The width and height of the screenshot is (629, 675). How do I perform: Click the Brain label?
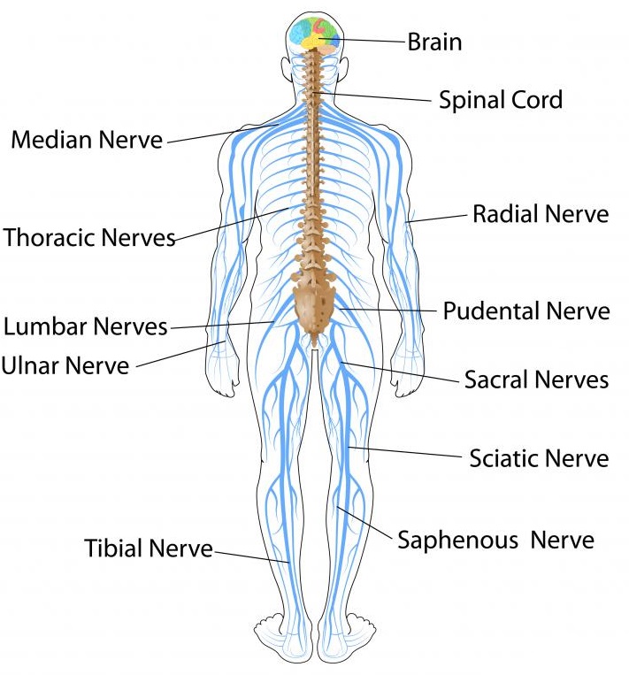point(434,42)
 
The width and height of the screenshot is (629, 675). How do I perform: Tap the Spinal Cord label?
point(501,99)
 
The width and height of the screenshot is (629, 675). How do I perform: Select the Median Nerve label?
point(87,140)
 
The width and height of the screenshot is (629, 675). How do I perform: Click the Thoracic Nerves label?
point(89,237)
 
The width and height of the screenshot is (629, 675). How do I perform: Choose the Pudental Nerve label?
point(526,311)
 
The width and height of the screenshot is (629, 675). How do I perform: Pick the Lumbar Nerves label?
point(86,326)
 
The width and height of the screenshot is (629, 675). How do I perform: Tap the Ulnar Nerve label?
point(65,364)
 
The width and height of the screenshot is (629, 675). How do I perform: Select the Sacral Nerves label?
point(537,380)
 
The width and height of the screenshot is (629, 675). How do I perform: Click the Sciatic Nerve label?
point(540,458)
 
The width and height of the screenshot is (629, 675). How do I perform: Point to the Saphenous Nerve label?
point(495,539)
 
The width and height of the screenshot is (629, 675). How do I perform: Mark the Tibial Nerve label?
point(149,548)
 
